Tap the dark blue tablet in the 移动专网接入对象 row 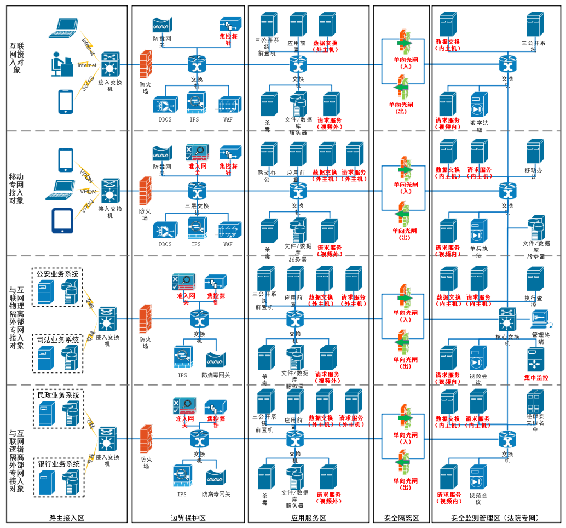coord(62,221)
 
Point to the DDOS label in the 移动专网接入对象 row coord(164,244)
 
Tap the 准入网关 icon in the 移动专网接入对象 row coord(196,152)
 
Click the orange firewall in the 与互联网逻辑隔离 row coord(146,439)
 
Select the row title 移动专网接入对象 coord(16,188)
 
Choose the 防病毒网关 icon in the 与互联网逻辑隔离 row coord(216,477)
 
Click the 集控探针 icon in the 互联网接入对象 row coord(230,25)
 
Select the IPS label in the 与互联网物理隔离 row coord(182,375)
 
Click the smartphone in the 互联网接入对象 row coord(66,102)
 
